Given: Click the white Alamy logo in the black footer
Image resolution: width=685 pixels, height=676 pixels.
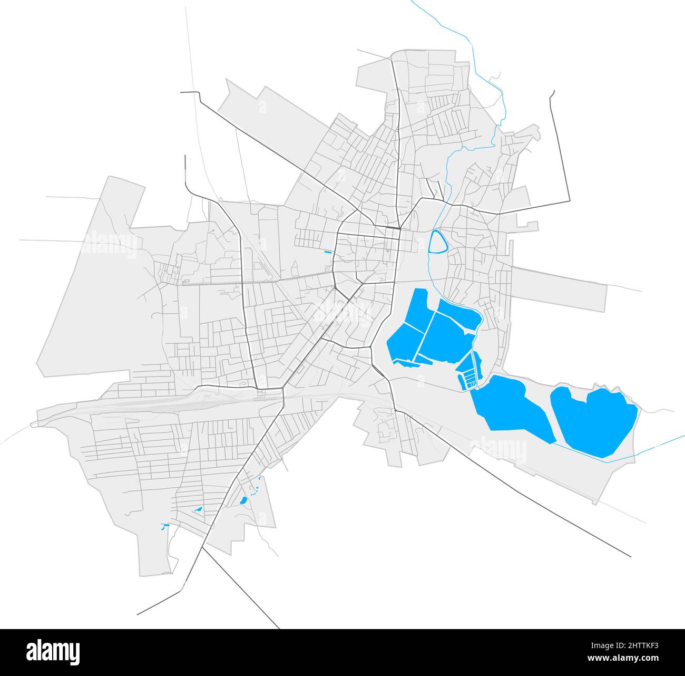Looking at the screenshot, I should click(55, 650).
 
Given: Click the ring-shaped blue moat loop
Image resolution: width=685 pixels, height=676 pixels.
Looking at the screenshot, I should click(437, 242).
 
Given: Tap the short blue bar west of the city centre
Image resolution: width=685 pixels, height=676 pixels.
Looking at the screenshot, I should click(329, 253).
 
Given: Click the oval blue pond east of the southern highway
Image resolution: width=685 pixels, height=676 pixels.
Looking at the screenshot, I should click(243, 500).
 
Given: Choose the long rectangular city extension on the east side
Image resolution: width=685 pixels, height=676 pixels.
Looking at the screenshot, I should click(559, 287).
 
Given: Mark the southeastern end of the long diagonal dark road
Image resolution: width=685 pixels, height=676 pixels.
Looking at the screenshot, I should click(630, 556).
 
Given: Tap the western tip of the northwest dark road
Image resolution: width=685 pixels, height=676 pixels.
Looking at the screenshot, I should click(182, 92).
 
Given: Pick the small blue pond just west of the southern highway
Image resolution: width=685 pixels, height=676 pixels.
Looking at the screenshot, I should click(198, 510).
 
